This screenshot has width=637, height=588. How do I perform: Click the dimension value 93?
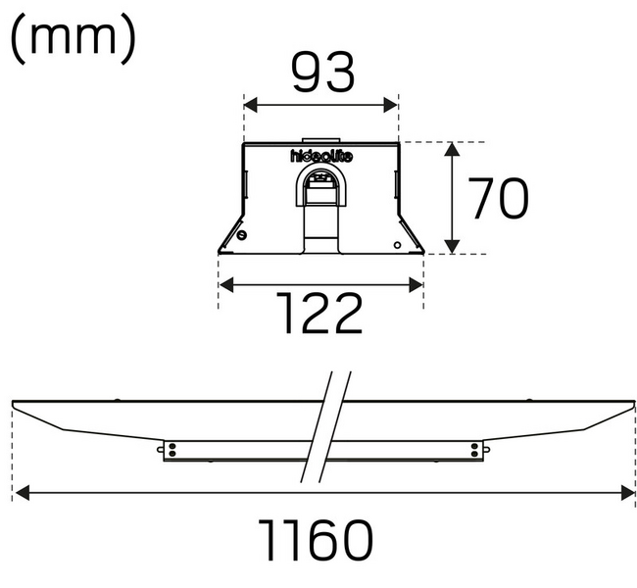(321, 72)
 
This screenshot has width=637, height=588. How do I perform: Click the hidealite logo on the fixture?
(320, 156)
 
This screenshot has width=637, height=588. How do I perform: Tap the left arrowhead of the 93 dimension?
(249, 103)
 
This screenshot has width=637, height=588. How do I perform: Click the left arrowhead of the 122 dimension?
(224, 284)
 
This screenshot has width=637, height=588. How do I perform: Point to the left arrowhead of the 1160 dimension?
(20, 493)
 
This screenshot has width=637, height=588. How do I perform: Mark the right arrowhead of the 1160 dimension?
(628, 493)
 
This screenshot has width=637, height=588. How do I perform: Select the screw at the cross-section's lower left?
(242, 235)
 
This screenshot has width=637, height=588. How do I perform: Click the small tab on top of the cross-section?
(320, 140)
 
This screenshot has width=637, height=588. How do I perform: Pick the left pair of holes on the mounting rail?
(171, 450)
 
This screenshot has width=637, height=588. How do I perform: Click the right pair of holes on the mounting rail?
(476, 450)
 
